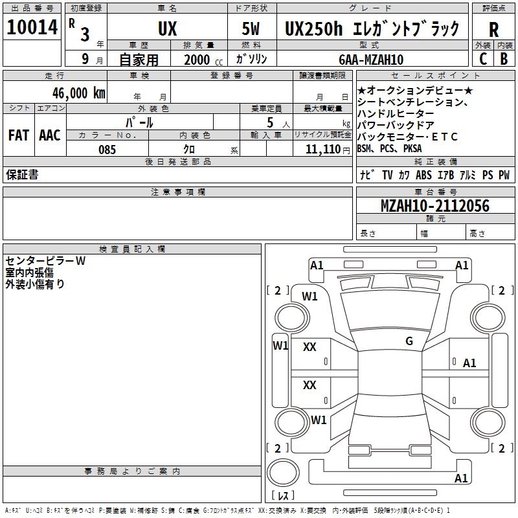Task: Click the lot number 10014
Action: [32, 27]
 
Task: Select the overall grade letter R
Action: [493, 30]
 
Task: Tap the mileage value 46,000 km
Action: [78, 93]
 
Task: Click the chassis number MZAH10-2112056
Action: [435, 206]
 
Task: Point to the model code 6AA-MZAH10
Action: [371, 60]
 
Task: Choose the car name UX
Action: [168, 28]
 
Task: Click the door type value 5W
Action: [251, 28]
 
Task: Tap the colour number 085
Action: [107, 150]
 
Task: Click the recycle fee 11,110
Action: [323, 150]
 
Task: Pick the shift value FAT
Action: [19, 135]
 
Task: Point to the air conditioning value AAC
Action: [50, 135]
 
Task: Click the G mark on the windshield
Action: [409, 341]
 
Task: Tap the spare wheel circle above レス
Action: [283, 473]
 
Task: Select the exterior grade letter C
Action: [483, 59]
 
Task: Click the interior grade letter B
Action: [504, 59]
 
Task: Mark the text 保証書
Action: [22, 174]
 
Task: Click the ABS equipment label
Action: [423, 175]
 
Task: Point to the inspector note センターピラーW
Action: [45, 261]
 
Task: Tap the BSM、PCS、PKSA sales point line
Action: [390, 149]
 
